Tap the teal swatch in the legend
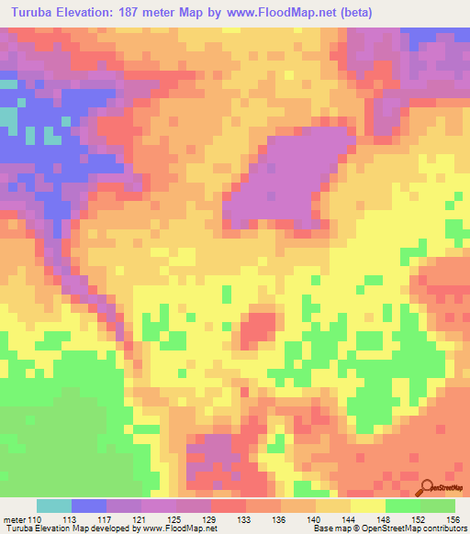(x=54, y=506)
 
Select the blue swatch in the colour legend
(x=89, y=506)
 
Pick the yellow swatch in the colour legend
(x=368, y=506)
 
